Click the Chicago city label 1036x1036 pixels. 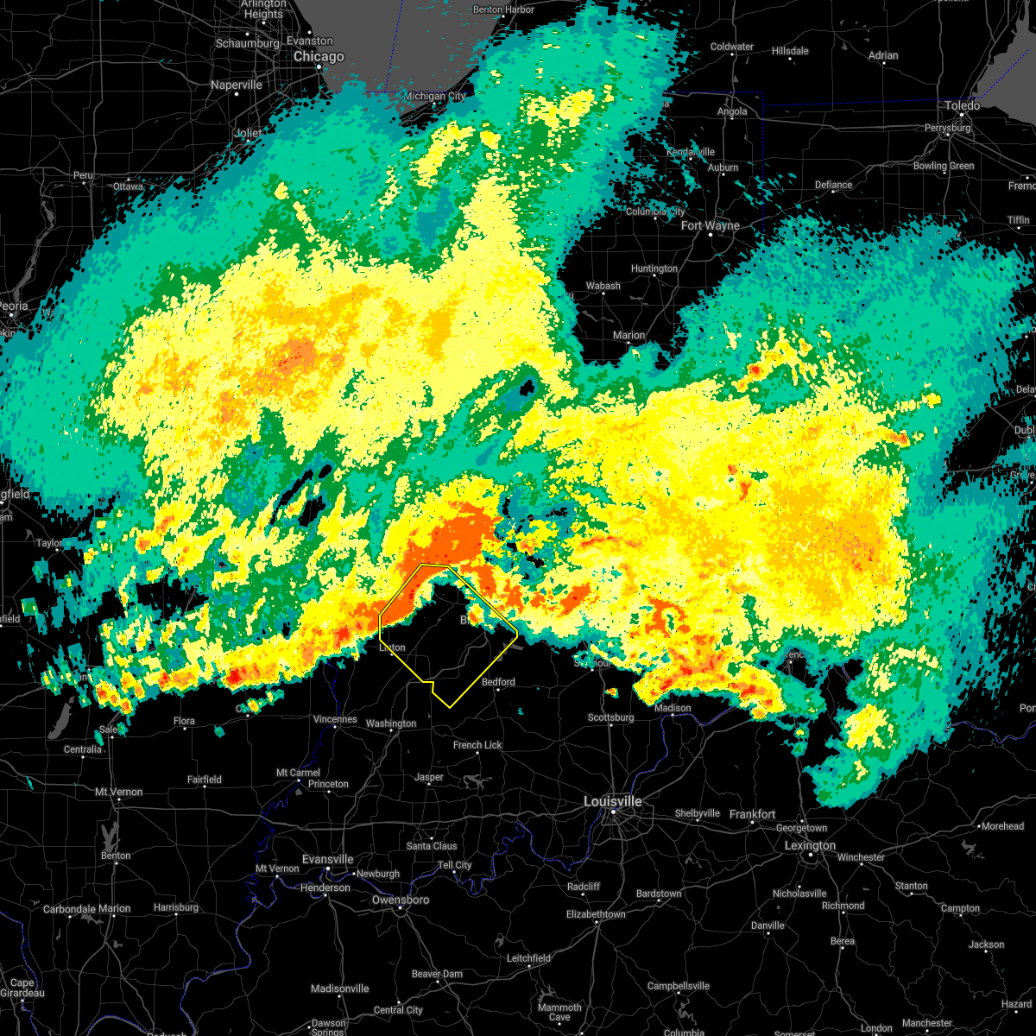319,57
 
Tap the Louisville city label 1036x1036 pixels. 612,801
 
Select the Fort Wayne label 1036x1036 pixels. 710,226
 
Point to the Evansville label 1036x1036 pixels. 327,859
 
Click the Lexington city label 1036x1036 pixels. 809,846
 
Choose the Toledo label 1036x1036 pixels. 962,105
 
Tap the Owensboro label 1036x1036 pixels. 400,900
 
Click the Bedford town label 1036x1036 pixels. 498,682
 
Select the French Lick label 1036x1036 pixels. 477,745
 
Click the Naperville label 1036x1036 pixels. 236,85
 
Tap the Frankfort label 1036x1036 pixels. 752,814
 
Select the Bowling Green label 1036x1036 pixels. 943,166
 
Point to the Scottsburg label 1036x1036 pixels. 610,717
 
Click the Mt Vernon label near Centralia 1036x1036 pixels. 118,792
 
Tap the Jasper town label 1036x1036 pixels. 428,777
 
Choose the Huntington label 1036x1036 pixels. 654,268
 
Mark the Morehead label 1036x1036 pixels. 1001,826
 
